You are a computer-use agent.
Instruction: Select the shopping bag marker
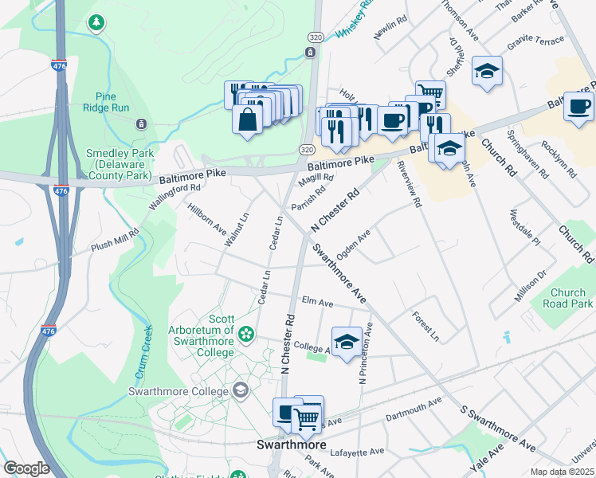[x=248, y=119]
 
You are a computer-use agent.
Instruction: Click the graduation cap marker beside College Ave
[x=345, y=342]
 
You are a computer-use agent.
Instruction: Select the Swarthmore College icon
[x=240, y=390]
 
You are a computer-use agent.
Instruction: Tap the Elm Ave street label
[x=317, y=303]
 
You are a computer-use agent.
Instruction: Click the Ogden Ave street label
[x=354, y=240]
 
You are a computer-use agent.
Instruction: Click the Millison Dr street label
[x=531, y=285]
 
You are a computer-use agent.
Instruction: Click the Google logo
[x=26, y=468]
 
